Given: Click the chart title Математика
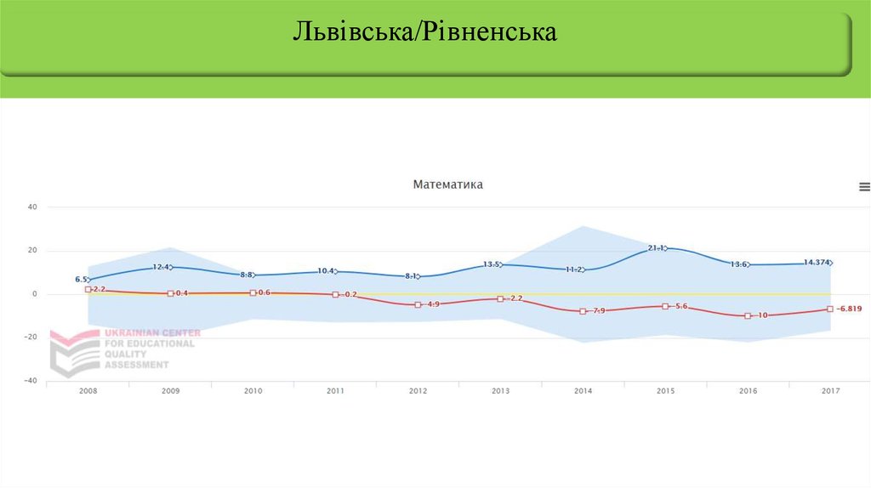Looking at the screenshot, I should [447, 184].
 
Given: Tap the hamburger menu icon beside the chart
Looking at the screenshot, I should [864, 187].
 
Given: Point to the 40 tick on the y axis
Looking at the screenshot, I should [32, 207].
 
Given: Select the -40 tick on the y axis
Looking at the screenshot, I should [31, 381].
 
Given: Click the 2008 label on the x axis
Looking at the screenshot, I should [88, 391].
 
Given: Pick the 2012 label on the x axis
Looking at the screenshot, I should [418, 391].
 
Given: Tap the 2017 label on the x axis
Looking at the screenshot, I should [830, 391].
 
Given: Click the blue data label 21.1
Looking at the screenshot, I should [657, 247].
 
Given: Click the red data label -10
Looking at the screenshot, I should [762, 315].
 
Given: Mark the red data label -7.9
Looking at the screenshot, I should [598, 311].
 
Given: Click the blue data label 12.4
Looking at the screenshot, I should [162, 267].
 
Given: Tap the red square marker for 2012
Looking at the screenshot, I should [418, 304].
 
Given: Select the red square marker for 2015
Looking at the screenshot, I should [665, 306].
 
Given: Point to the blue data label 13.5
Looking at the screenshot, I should [492, 264].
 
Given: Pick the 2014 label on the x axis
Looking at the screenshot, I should [583, 391].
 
